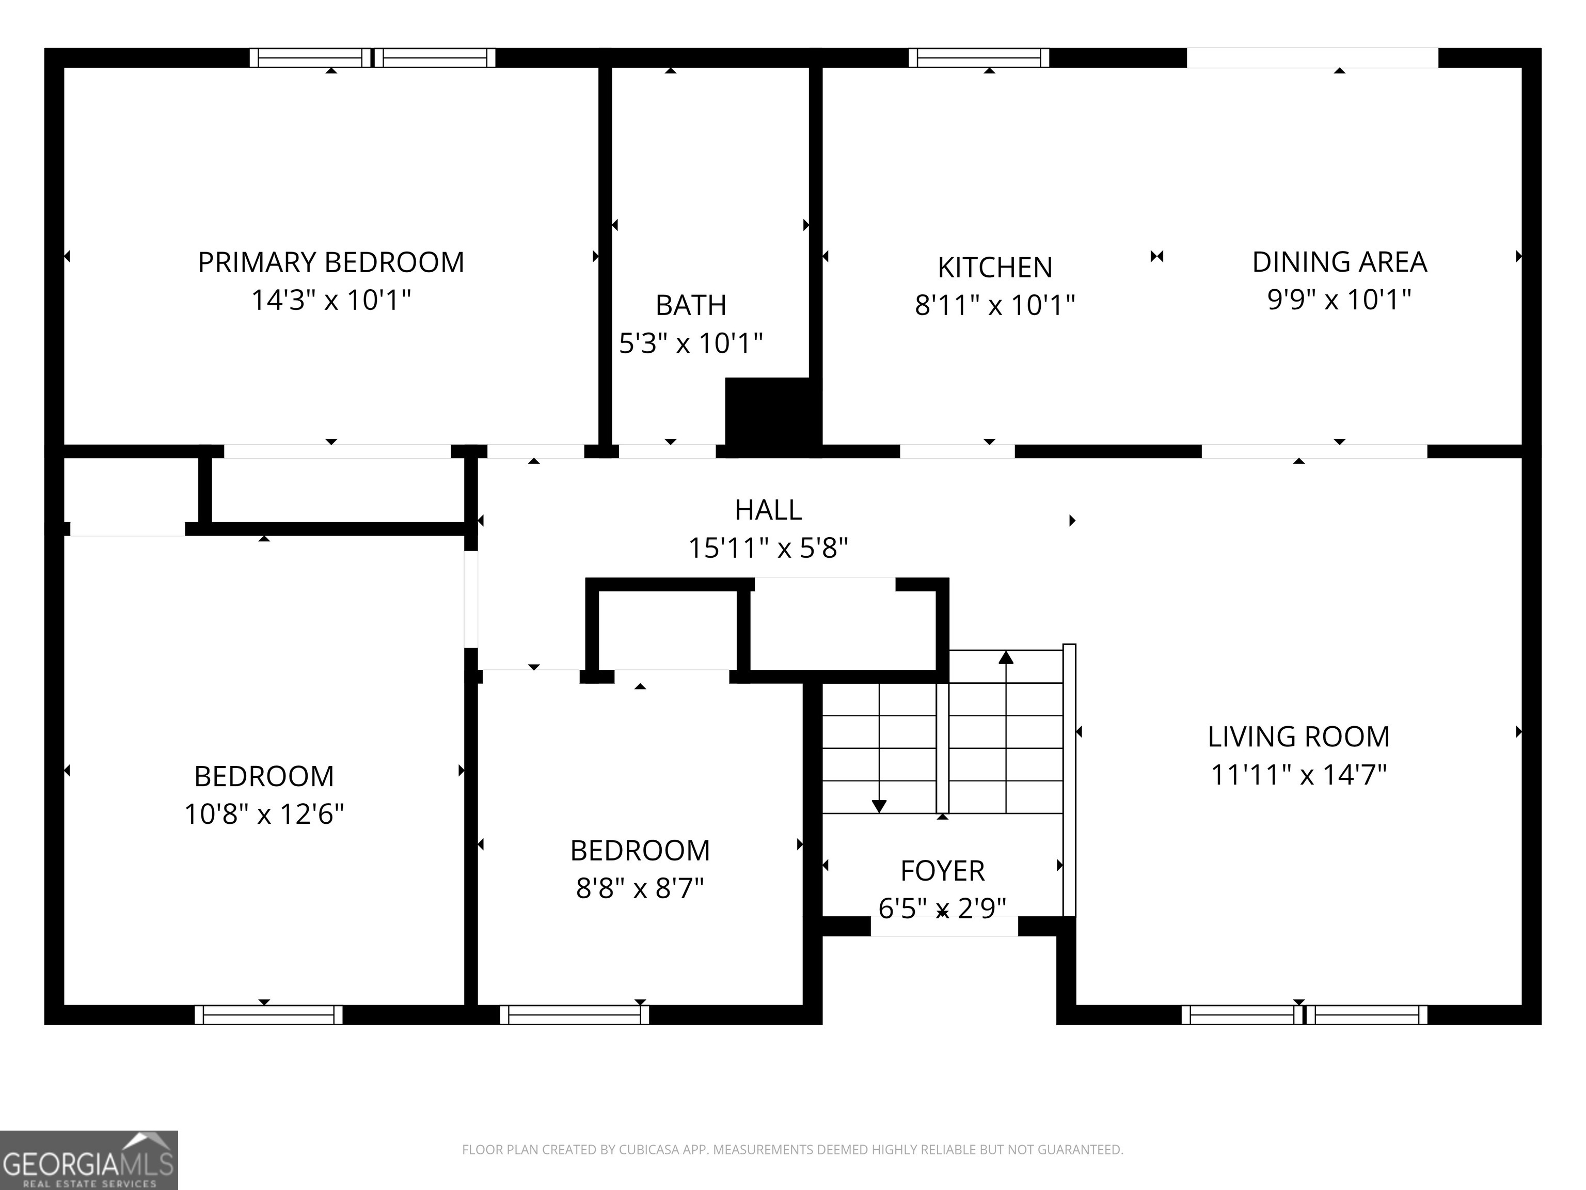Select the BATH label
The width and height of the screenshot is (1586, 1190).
pyautogui.click(x=691, y=306)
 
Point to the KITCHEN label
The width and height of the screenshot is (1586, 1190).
pyautogui.click(x=995, y=268)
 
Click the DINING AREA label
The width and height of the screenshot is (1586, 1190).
pyautogui.click(x=1339, y=262)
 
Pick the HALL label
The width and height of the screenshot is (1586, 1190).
pyautogui.click(x=768, y=510)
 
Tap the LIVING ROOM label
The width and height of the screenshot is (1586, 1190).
pyautogui.click(x=1298, y=737)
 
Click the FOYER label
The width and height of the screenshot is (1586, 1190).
pyautogui.click(x=942, y=871)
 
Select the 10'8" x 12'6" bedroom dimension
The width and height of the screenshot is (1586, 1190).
pyautogui.click(x=264, y=814)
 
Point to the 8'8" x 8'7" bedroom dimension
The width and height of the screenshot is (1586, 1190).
pyautogui.click(x=640, y=889)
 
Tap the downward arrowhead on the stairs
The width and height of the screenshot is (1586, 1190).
pyautogui.click(x=879, y=806)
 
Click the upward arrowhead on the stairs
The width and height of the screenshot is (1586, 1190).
pyautogui.click(x=1006, y=657)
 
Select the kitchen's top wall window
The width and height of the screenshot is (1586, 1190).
pyautogui.click(x=979, y=57)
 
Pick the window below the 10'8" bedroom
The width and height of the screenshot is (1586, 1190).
pyautogui.click(x=268, y=1015)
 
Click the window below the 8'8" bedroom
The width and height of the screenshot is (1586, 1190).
pyautogui.click(x=574, y=1015)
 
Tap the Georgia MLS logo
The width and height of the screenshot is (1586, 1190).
pyautogui.click(x=89, y=1161)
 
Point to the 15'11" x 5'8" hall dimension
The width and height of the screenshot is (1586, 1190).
pyautogui.click(x=768, y=549)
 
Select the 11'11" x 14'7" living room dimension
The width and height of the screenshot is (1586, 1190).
pyautogui.click(x=1298, y=775)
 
